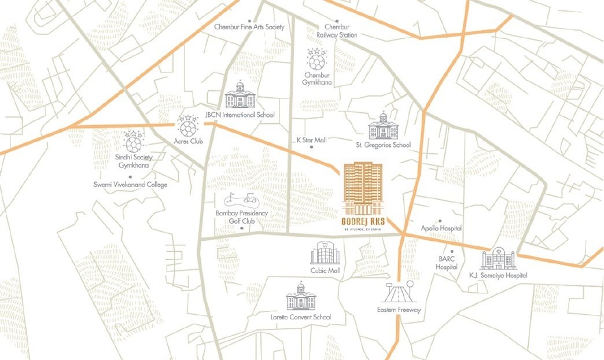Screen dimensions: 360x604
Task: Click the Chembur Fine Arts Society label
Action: [x=249, y=27]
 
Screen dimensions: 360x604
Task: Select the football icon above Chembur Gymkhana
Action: [x=316, y=60]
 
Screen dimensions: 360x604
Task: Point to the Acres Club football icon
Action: [x=187, y=126]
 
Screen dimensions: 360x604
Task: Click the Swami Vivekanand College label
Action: [x=130, y=185]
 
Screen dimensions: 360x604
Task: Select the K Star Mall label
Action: [x=311, y=140]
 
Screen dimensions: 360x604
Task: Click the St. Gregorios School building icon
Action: [x=382, y=126]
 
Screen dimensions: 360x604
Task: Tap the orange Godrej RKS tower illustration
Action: [x=363, y=189]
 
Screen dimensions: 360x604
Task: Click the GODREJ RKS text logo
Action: [x=363, y=221]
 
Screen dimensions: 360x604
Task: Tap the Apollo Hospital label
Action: [x=441, y=229]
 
